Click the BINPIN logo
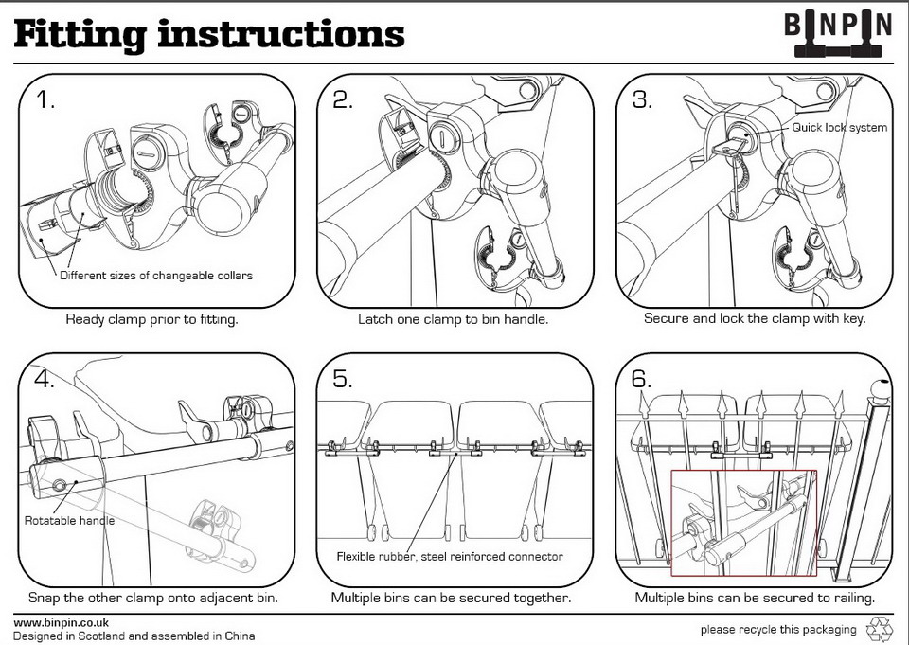pyautogui.click(x=838, y=30)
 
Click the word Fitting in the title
pyautogui.click(x=78, y=34)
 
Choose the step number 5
pyautogui.click(x=343, y=380)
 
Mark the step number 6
pyautogui.click(x=642, y=380)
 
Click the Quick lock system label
pyautogui.click(x=840, y=128)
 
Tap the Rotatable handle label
pyautogui.click(x=69, y=521)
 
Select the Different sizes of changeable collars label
pyautogui.click(x=156, y=277)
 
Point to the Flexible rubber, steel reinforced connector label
pyautogui.click(x=450, y=556)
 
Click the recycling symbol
pyautogui.click(x=880, y=628)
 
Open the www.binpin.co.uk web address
pyautogui.click(x=61, y=622)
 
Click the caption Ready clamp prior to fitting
pyautogui.click(x=151, y=319)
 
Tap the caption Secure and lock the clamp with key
pyautogui.click(x=755, y=319)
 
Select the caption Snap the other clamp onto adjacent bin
pyautogui.click(x=152, y=599)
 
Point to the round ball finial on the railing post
pyautogui.click(x=880, y=388)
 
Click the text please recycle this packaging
pyautogui.click(x=777, y=630)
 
